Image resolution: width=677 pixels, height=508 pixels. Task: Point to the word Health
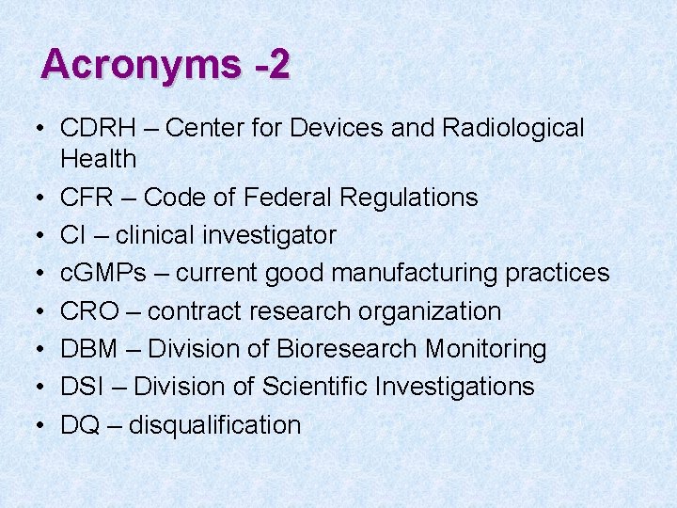(99, 159)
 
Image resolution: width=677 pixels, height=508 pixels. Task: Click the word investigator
(272, 235)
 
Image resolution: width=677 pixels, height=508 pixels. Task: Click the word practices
(558, 274)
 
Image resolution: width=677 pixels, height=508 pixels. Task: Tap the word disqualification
(214, 425)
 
